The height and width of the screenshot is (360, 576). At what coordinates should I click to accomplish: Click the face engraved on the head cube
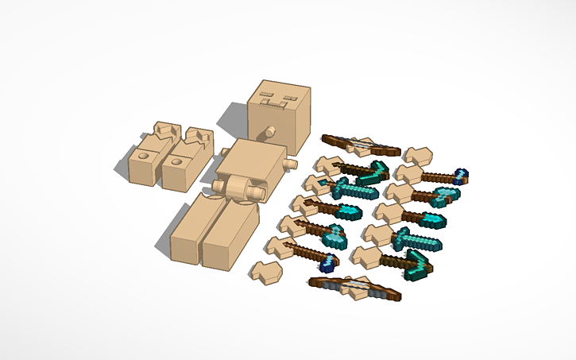click(x=274, y=101)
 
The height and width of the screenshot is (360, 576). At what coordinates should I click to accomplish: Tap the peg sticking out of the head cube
click(x=269, y=130)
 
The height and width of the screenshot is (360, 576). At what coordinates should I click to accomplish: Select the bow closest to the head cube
click(x=361, y=145)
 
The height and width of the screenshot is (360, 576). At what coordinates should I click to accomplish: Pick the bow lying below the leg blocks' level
click(x=355, y=286)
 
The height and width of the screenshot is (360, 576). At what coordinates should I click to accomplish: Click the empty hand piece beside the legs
click(x=266, y=272)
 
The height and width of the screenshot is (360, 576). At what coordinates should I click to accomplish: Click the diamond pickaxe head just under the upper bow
click(x=374, y=172)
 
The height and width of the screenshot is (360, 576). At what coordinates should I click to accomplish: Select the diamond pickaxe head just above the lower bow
click(x=419, y=265)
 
